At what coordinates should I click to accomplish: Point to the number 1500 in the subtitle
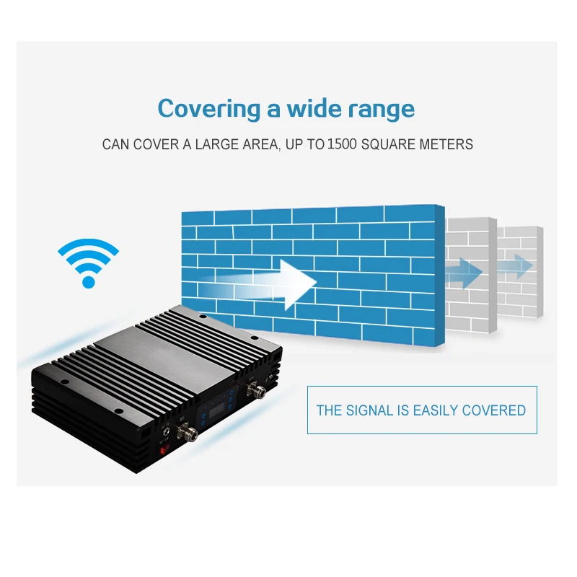pyautogui.click(x=342, y=144)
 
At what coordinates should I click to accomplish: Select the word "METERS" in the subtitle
pyautogui.click(x=446, y=144)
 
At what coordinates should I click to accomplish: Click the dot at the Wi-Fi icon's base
pyautogui.click(x=88, y=281)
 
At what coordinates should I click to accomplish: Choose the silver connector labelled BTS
pyautogui.click(x=256, y=393)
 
